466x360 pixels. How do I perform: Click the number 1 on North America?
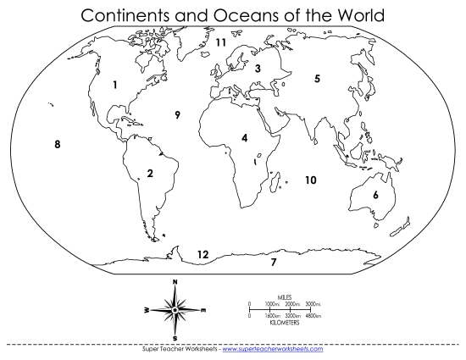coord(114,85)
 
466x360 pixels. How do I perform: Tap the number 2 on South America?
coord(149,174)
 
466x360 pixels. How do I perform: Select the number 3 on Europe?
coord(258,69)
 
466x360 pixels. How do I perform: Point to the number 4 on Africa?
coord(244,137)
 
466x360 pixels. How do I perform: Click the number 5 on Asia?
coord(317,79)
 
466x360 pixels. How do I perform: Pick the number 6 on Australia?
coord(374,195)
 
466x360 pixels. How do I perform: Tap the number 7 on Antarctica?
coord(273,262)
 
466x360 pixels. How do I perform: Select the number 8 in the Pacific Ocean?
coord(57,144)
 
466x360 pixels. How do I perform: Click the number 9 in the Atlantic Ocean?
coord(177,115)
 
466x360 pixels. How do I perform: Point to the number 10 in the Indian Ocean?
coord(310,180)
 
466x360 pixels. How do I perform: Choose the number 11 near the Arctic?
coord(220,42)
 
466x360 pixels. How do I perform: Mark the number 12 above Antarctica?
coord(202,253)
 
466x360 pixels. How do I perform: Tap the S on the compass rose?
coord(175,339)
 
